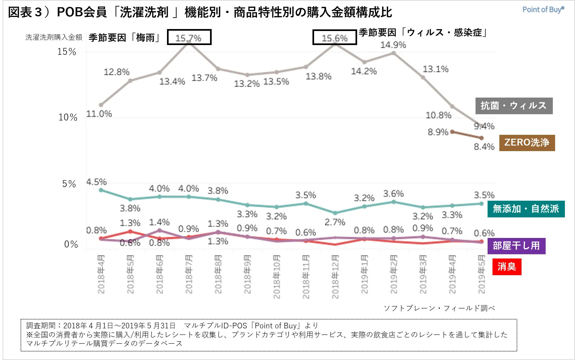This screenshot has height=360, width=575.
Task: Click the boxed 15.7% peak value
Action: point(189,37)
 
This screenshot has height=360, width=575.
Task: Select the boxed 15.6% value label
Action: point(335,38)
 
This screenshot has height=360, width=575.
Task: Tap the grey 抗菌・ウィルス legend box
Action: point(514,106)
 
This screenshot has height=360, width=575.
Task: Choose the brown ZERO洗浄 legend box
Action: point(527,143)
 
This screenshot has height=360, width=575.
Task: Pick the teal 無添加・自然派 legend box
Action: point(526,209)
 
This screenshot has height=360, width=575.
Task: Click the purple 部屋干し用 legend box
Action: point(516,246)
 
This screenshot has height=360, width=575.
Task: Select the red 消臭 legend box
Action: point(507,267)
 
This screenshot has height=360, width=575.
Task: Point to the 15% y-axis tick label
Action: point(67,52)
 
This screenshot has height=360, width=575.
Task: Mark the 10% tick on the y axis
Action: point(68,117)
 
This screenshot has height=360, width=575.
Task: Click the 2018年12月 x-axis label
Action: point(335,277)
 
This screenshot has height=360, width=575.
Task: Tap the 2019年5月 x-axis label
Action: point(481,274)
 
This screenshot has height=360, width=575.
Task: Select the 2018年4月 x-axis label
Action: point(101,274)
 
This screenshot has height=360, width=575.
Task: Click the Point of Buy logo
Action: point(543,9)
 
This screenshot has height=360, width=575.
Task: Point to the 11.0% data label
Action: point(99,114)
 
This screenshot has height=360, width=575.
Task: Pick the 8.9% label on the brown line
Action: point(438,132)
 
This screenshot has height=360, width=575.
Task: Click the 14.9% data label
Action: point(393,45)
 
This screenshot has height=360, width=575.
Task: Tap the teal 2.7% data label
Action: point(335,222)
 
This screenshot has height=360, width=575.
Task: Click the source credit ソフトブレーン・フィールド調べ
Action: point(439,308)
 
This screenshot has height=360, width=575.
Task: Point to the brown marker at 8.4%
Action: point(481,138)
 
